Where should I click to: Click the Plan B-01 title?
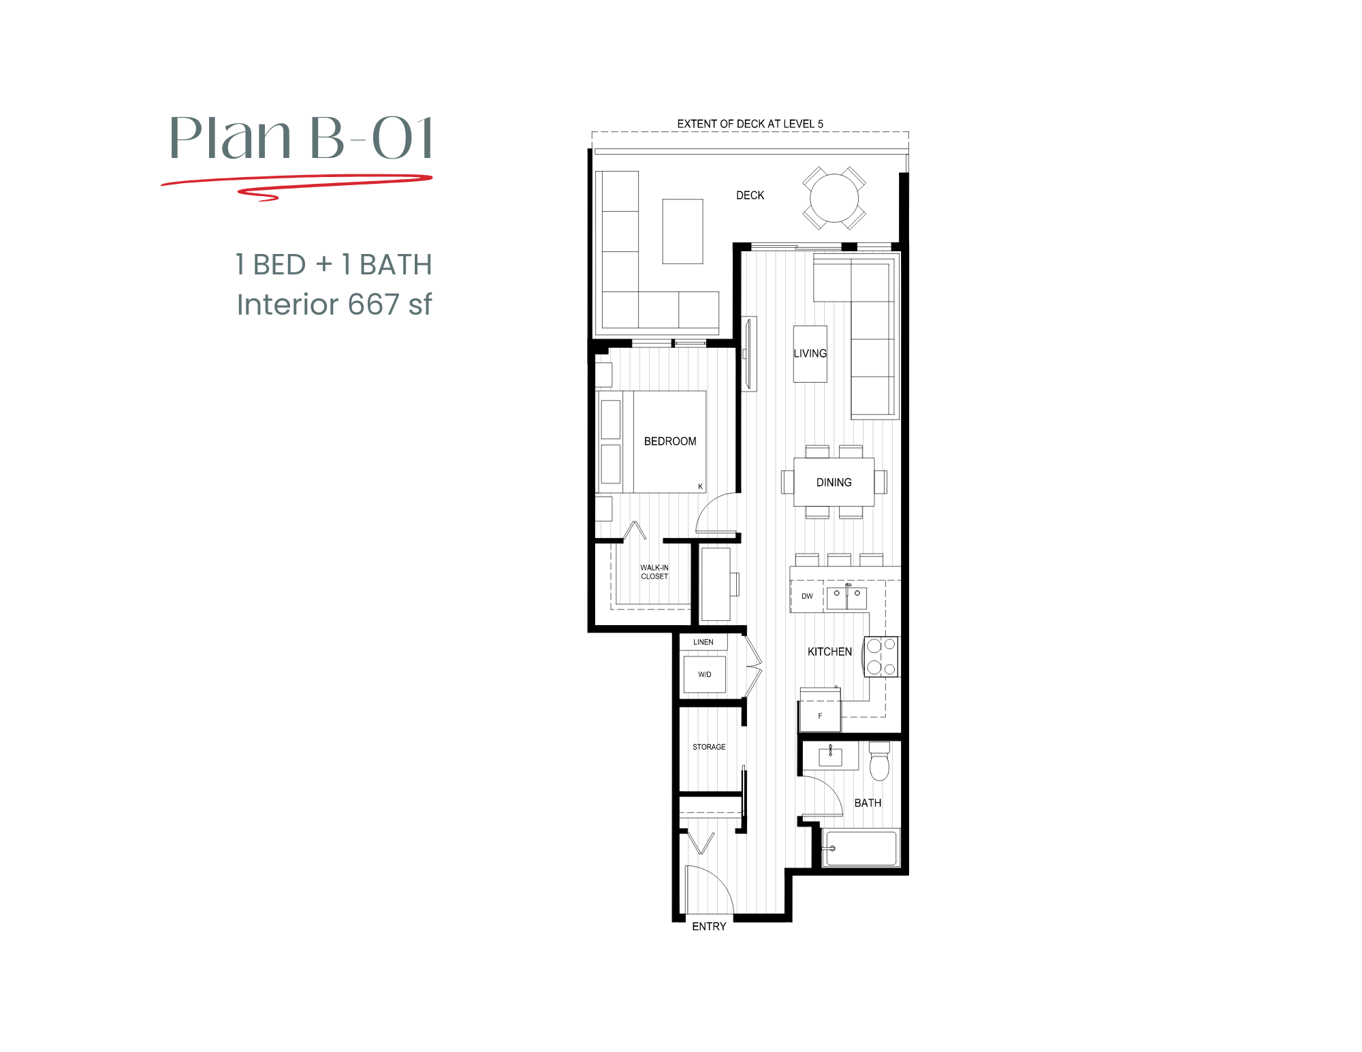pos(301,138)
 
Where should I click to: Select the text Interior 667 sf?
pos(334,304)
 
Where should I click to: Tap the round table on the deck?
pos(834,199)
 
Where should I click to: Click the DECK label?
pos(750,195)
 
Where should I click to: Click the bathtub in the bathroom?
pos(861,848)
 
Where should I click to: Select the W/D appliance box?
pos(704,674)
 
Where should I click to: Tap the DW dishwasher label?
pos(807,596)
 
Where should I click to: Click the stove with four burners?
pos(881,656)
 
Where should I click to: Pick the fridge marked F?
pos(820,716)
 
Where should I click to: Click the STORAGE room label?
pos(709,747)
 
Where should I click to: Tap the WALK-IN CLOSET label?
pos(654,572)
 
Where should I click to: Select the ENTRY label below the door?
pos(709,926)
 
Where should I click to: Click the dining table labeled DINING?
pos(834,482)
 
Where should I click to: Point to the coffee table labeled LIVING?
pos(810,353)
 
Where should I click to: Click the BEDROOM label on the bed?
pos(670,441)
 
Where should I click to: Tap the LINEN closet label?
pos(703,642)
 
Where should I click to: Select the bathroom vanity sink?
pos(830,756)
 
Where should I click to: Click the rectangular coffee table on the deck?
pos(682,231)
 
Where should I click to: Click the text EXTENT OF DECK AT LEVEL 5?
pos(750,124)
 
